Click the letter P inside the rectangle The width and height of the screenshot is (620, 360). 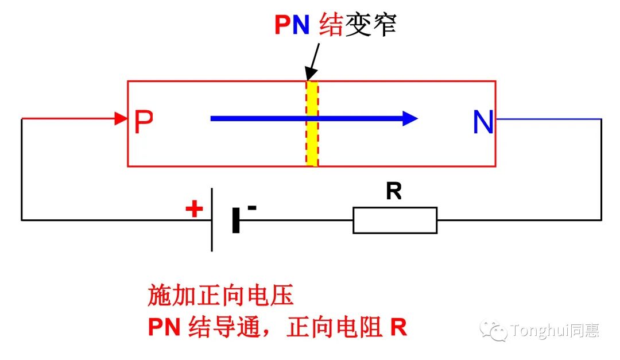click(144, 122)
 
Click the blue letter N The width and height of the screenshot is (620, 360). click(483, 122)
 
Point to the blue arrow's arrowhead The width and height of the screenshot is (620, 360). click(410, 118)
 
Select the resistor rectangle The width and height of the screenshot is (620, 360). click(394, 220)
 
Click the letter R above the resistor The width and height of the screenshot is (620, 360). click(394, 192)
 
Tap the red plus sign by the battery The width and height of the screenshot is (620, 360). click(194, 209)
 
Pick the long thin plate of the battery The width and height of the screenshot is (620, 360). click(212, 219)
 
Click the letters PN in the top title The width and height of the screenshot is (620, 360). click(292, 26)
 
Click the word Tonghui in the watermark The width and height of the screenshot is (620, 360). click(540, 330)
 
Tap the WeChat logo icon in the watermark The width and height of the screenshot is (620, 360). click(494, 330)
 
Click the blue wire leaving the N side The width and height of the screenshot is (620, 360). click(548, 119)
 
